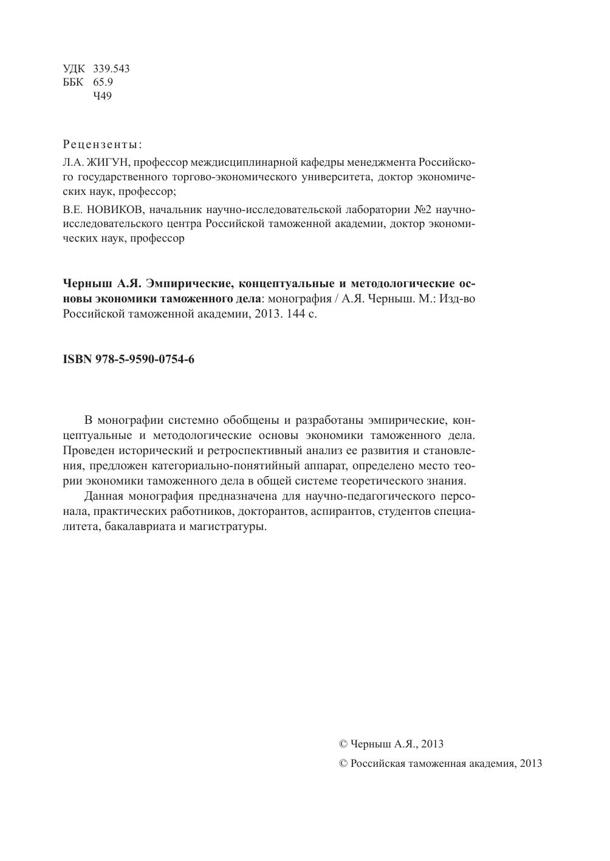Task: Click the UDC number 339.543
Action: (111, 69)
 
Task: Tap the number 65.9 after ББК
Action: (102, 82)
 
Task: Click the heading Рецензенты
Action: (102, 145)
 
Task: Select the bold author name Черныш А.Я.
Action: (102, 284)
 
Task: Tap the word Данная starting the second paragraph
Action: (105, 496)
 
